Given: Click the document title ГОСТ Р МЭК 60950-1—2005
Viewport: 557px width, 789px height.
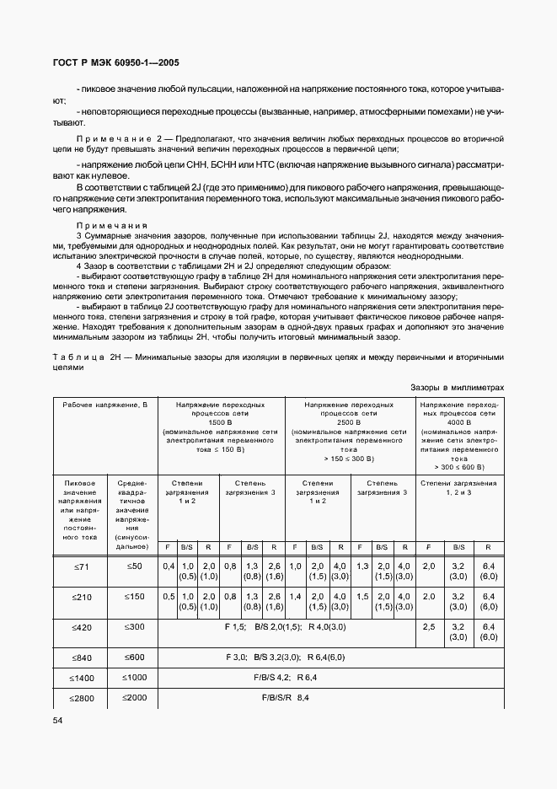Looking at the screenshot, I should pos(115,63).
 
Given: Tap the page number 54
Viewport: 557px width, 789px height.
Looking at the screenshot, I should pos(58,720).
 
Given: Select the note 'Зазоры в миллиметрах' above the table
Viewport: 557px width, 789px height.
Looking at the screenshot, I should pos(457,387).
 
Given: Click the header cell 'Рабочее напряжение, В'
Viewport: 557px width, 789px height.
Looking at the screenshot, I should pos(105,405).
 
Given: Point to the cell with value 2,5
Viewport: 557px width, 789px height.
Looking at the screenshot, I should pos(428,627).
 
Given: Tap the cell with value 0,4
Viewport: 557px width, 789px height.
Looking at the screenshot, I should pos(168,566).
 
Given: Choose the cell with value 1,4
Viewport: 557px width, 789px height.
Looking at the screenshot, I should pos(295,597).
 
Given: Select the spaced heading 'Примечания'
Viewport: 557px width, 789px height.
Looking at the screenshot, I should pos(111,226).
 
